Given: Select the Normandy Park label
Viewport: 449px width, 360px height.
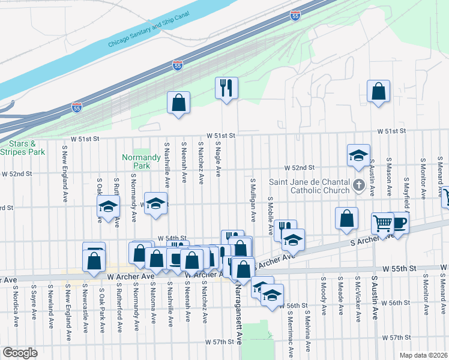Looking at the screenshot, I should coord(136,161).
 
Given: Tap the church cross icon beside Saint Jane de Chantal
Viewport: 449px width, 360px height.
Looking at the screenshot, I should coord(359,185).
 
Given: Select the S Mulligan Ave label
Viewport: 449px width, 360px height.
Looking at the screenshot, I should coord(253,197).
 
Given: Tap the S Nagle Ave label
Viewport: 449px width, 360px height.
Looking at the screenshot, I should coord(218,160).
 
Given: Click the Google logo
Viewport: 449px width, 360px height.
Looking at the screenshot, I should coord(20,353).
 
